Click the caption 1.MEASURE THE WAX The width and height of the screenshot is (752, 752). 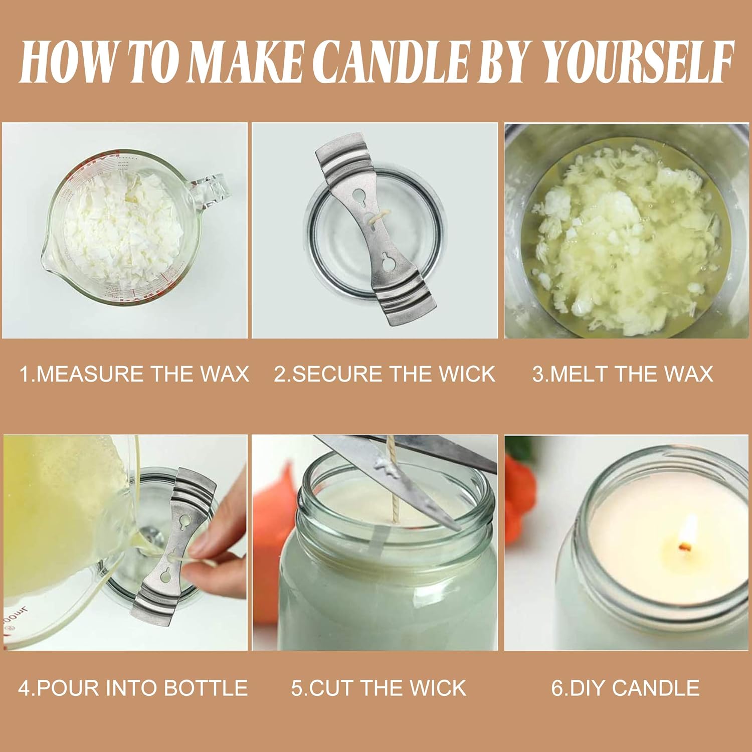coord(134,374)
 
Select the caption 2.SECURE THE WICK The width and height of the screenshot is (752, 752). coord(385,374)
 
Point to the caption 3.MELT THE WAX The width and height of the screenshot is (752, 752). coord(622,374)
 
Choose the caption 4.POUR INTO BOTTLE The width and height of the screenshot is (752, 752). coord(133,688)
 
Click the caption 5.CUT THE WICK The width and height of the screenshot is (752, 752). coord(379,688)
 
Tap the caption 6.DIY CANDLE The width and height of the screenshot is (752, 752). coord(625,688)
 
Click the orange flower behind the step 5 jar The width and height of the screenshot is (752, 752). coord(273,506)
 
